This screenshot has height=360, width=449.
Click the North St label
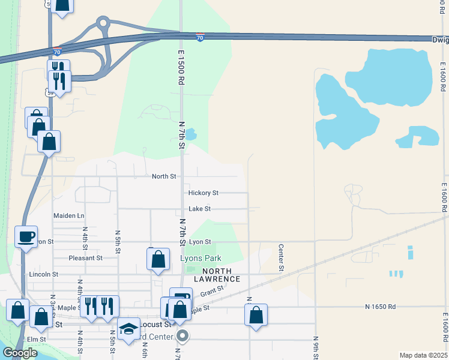pyautogui.click(x=164, y=176)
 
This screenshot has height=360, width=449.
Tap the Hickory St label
pyautogui.click(x=203, y=193)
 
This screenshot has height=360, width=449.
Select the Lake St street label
pyautogui.click(x=199, y=209)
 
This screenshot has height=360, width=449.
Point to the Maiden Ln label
pyautogui.click(x=69, y=215)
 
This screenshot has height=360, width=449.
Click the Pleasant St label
pyautogui.click(x=85, y=258)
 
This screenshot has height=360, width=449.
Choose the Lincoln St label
pyautogui.click(x=43, y=274)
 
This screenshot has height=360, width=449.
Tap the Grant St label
pyautogui.click(x=212, y=291)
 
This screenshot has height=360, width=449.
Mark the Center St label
pyautogui.click(x=281, y=257)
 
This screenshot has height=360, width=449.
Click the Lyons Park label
pyautogui.click(x=200, y=259)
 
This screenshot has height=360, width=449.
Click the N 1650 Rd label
pyautogui.click(x=381, y=307)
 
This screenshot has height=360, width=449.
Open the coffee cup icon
pyautogui.click(x=26, y=236)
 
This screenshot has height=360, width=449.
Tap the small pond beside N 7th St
pyautogui.click(x=190, y=134)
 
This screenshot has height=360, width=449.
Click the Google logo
pyautogui.click(x=20, y=352)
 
